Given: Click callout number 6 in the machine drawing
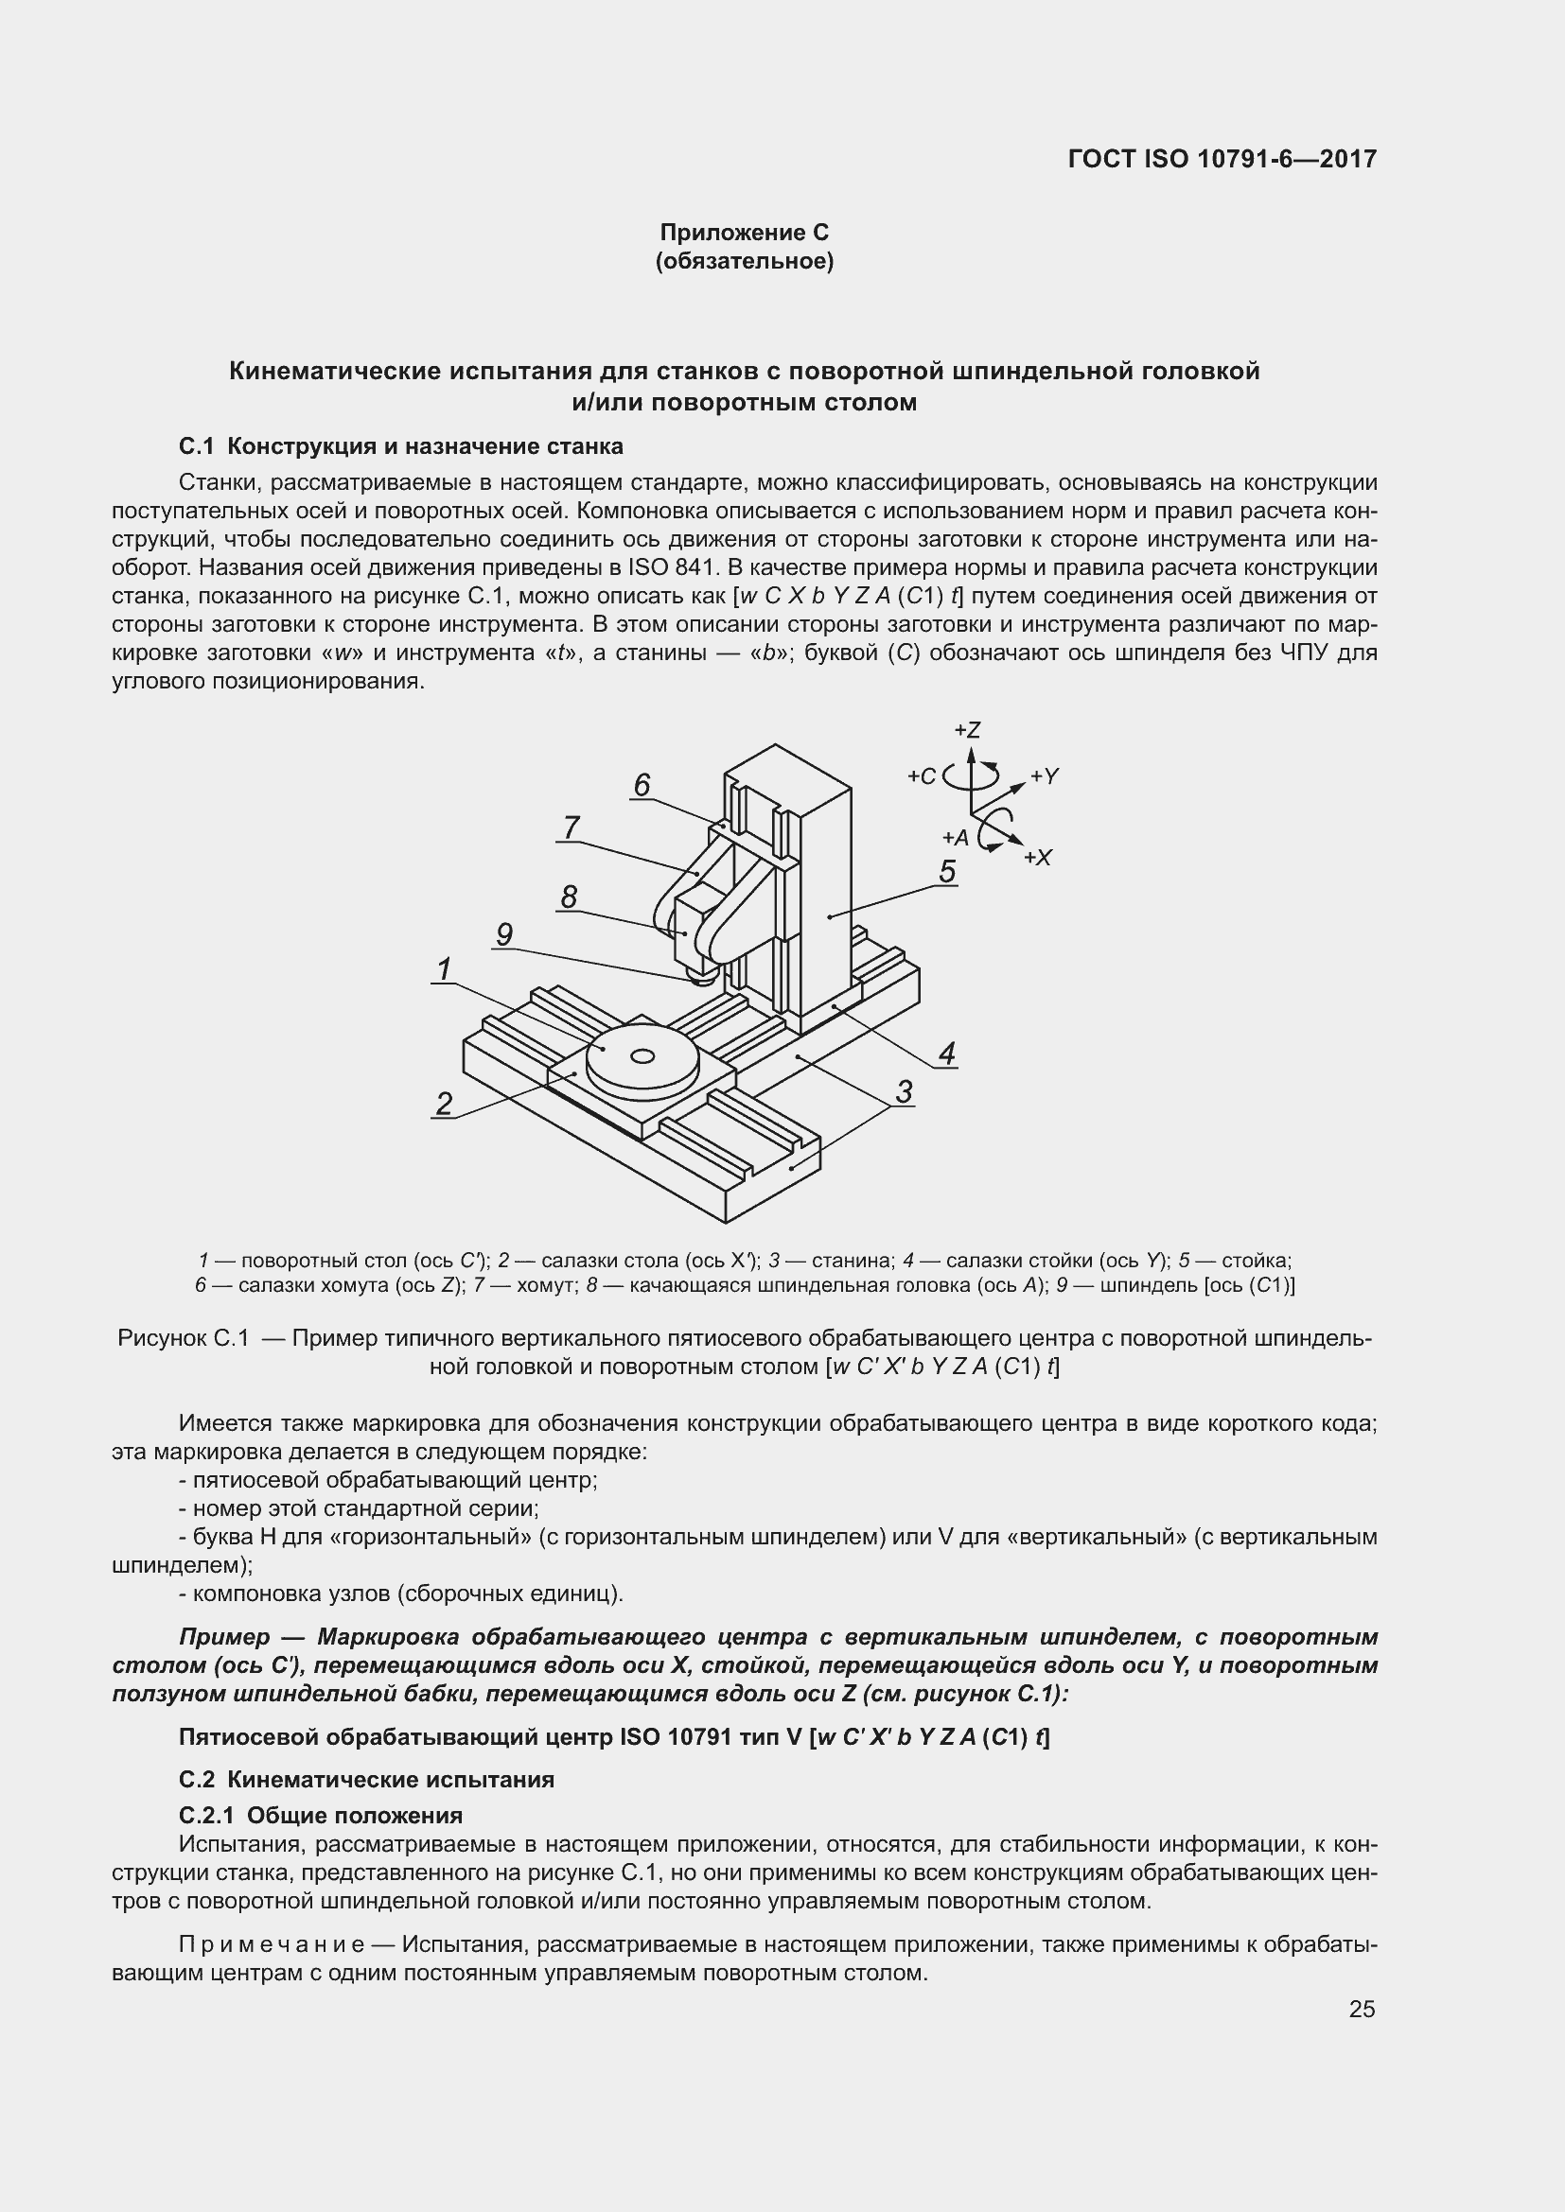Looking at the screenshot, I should coord(642,785).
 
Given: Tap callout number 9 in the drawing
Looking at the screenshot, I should coord(504,933).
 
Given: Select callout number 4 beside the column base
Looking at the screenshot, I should coord(947,1053).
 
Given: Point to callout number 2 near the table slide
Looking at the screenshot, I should coord(445,1103).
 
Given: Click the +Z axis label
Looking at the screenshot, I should coord(967,729).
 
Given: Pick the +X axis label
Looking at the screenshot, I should coord(1038,858).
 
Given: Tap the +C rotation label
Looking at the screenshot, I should coord(922,776).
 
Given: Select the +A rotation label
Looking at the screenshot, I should coord(955,837).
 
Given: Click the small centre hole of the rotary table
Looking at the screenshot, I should coord(642,1057).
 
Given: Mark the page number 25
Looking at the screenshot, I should coord(1362,2009).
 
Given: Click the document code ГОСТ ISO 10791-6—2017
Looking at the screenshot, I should coord(1222,159).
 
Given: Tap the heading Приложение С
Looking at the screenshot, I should coord(744,233).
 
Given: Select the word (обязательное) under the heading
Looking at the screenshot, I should coord(744,261).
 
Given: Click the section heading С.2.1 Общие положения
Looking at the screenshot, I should coord(321,1815).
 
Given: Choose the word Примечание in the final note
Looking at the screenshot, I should coord(272,1944).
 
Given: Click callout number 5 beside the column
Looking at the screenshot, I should coord(947,871).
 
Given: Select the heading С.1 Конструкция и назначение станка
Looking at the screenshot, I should coord(401,446).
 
